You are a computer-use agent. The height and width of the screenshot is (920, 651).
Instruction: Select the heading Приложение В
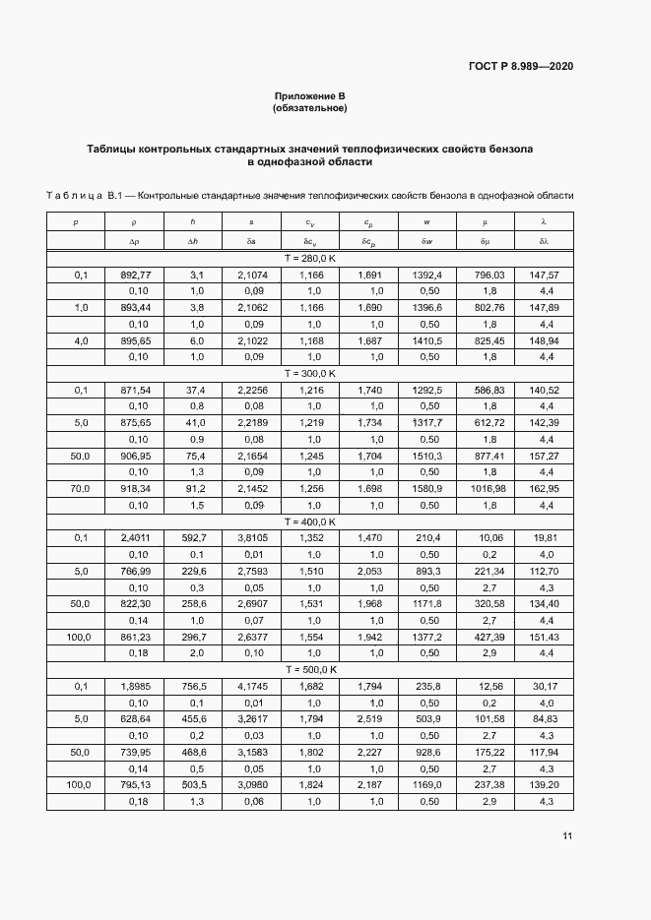(310, 95)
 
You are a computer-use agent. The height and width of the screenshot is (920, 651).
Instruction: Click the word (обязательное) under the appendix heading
(310, 107)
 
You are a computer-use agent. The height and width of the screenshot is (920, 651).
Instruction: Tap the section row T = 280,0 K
(310, 257)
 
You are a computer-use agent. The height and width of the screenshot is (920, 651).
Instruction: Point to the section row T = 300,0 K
(310, 374)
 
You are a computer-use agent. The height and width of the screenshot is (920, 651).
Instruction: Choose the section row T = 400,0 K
(310, 521)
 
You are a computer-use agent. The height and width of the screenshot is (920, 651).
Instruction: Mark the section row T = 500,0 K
(310, 669)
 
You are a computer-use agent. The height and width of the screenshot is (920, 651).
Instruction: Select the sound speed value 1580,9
(426, 489)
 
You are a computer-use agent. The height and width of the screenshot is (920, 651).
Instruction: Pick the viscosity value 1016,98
(485, 489)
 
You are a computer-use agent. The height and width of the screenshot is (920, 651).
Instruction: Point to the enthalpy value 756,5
(193, 686)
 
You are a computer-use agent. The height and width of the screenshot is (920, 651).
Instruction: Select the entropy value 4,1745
(251, 686)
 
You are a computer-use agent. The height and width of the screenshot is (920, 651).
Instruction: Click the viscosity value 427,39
(485, 637)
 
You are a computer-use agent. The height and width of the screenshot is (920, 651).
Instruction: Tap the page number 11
(566, 836)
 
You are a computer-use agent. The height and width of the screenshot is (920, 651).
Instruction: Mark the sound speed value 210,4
(426, 538)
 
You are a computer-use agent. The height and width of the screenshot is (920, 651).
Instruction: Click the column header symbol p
(76, 223)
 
